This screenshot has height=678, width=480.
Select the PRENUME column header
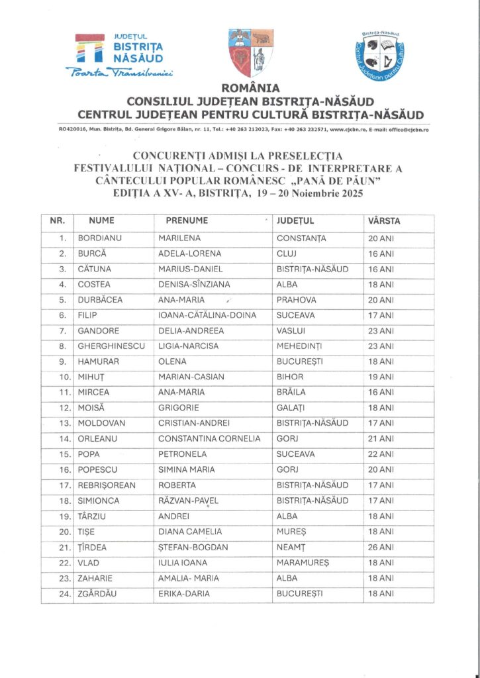[x=187, y=220]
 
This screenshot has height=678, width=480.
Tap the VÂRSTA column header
[x=384, y=220]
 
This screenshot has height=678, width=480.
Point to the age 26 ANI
[x=381, y=548]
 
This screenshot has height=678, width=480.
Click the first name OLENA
[x=172, y=362]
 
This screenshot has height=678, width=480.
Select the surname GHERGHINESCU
[x=109, y=346]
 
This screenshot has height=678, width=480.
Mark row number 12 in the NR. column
[x=62, y=409]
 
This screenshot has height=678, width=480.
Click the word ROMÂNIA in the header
[x=250, y=87]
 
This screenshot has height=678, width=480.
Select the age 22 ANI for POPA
[x=381, y=455]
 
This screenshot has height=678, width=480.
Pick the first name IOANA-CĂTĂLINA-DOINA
[x=207, y=316]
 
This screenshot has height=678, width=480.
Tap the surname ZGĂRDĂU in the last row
[x=97, y=594]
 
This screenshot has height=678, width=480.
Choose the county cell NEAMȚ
[x=293, y=548]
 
